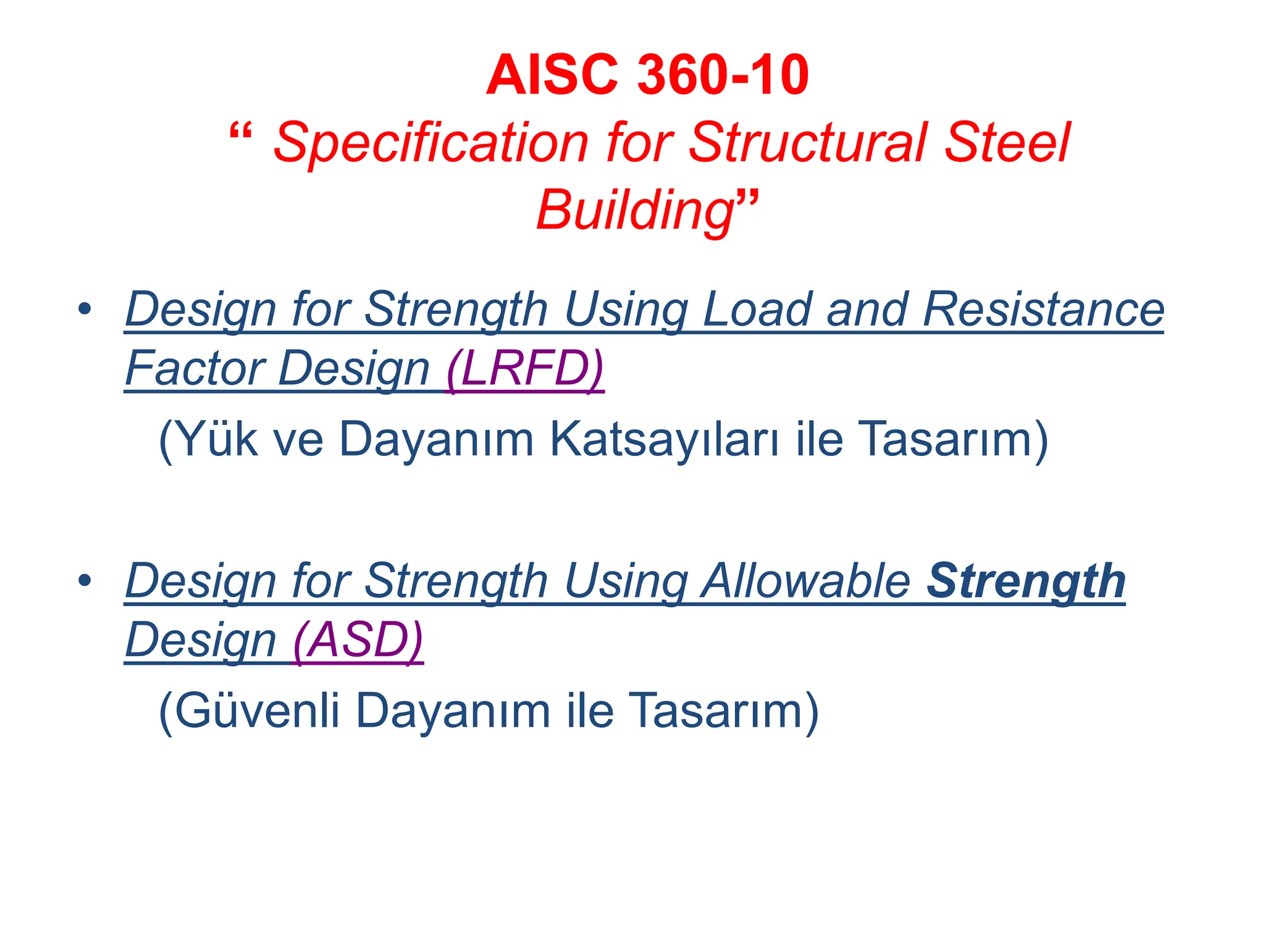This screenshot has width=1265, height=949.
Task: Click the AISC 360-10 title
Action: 647,75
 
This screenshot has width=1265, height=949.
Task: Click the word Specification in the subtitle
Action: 431,143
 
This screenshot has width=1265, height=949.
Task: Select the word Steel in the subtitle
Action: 1007,143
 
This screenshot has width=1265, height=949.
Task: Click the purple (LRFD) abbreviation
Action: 525,368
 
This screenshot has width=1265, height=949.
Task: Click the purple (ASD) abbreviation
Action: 358,640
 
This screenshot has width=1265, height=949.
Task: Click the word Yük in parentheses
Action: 213,440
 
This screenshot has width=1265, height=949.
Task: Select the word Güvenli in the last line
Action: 256,711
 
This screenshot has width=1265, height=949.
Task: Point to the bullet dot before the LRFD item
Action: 85,308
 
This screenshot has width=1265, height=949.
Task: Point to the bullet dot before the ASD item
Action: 85,580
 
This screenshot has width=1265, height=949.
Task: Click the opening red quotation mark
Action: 240,132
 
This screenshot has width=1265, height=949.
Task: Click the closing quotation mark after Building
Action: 747,200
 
